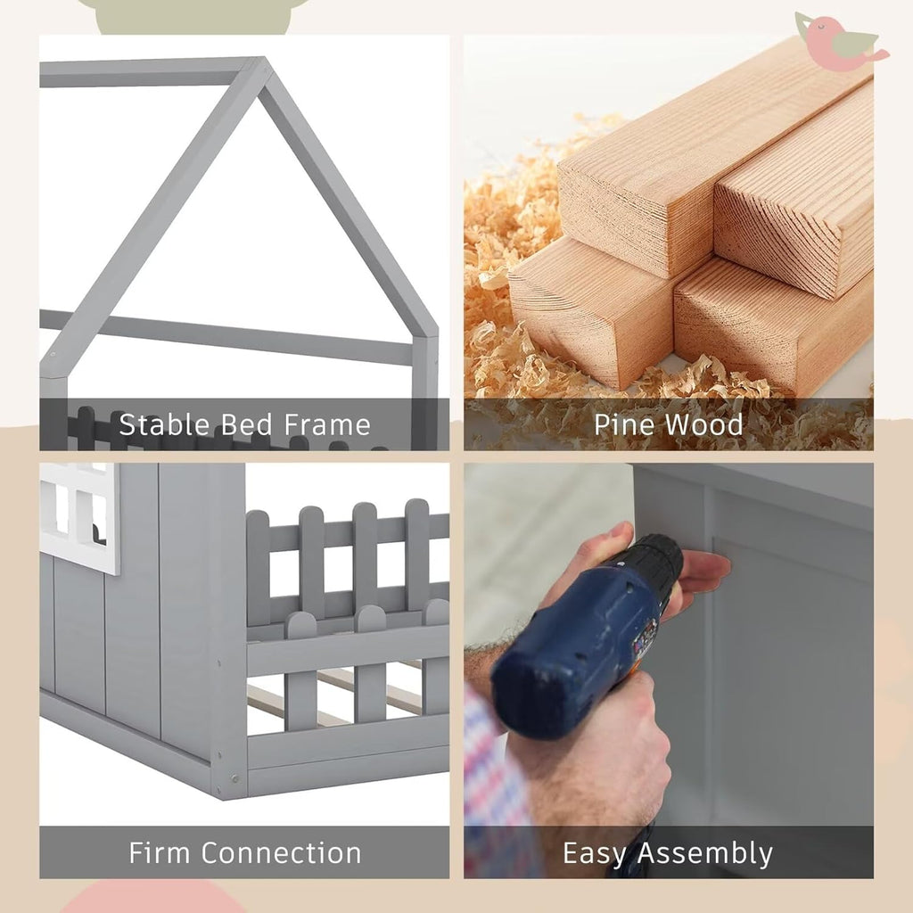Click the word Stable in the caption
[x=165, y=424]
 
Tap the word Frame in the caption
[x=327, y=424]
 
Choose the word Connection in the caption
[x=283, y=853]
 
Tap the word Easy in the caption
[x=595, y=854]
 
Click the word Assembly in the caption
[x=705, y=854]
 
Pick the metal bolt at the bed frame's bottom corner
[x=234, y=778]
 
